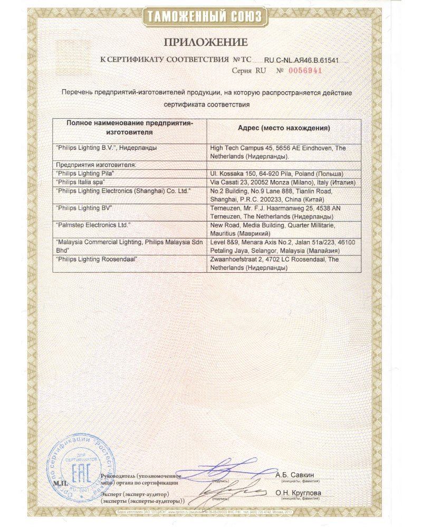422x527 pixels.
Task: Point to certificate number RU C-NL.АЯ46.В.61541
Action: point(308,60)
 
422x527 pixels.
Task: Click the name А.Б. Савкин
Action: point(295,475)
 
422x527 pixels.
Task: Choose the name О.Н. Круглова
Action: point(298,493)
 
